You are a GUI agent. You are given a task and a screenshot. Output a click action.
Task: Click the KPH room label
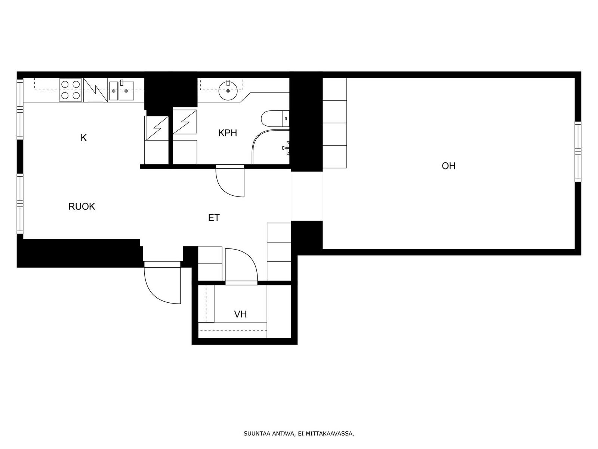(228, 133)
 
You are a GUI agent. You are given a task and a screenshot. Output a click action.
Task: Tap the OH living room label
(449, 166)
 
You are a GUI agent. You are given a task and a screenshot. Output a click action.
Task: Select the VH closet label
(240, 314)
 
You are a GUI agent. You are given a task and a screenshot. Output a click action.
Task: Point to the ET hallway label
(214, 217)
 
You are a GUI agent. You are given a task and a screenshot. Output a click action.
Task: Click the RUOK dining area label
(82, 207)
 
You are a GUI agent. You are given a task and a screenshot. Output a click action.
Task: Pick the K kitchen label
(84, 138)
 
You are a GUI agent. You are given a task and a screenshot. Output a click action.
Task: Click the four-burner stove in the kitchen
(71, 90)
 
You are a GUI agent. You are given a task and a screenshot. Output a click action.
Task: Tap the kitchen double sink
(122, 91)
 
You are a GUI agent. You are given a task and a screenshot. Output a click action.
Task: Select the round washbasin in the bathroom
(228, 90)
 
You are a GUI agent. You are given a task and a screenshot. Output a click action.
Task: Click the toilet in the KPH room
(275, 119)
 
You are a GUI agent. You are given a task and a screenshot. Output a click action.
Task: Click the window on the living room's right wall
(578, 152)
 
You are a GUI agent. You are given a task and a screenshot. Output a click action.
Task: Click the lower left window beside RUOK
(20, 204)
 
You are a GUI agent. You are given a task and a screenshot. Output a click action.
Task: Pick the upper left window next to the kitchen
(20, 109)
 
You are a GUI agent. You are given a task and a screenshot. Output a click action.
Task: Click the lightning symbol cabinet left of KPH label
(185, 122)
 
